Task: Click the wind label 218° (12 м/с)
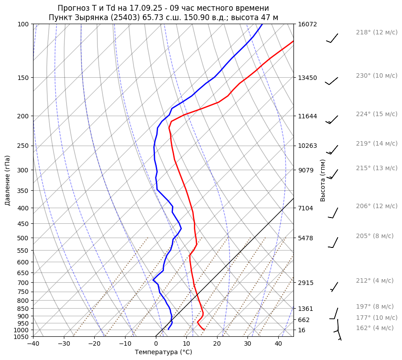tap(376, 33)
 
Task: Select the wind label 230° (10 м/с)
tap(376, 76)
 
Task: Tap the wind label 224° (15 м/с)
tap(376, 114)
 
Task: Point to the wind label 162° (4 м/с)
tap(374, 328)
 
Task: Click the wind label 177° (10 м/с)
tap(376, 318)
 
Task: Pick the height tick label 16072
tap(307, 24)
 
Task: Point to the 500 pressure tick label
tap(23, 238)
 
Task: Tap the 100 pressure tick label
tap(23, 24)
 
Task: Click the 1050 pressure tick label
tap(22, 337)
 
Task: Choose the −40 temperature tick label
tap(33, 344)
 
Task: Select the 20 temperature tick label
tap(217, 344)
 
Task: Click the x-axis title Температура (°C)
tap(163, 352)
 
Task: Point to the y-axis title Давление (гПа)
tap(8, 180)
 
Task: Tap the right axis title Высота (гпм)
tap(323, 180)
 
